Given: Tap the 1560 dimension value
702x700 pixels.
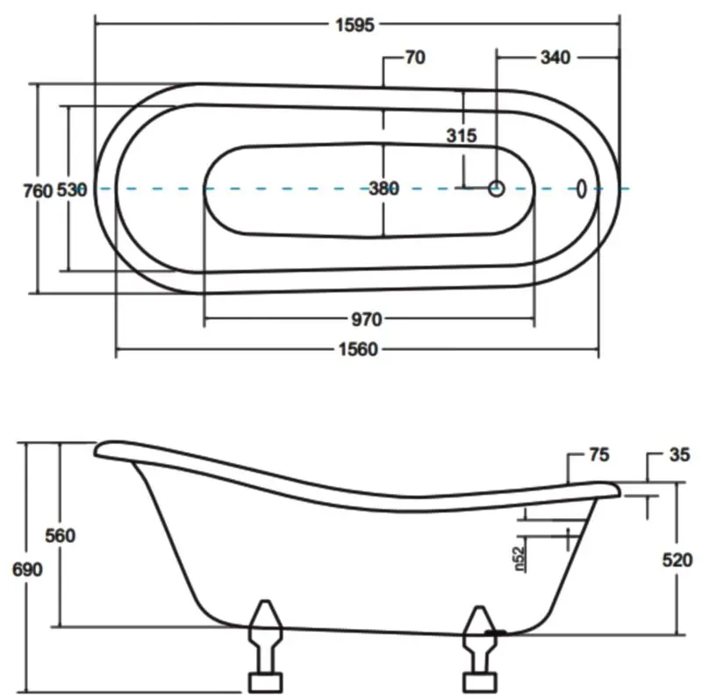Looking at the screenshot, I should [357, 350].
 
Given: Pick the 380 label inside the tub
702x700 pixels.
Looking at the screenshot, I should [383, 188].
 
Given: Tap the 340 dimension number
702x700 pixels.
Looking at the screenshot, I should [555, 58].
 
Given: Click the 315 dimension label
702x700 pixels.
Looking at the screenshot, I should [461, 136].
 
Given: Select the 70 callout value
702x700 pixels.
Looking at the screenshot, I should [415, 58].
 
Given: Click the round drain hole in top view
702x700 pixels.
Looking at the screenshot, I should [496, 188].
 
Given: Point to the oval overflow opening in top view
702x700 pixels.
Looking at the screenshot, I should [581, 188].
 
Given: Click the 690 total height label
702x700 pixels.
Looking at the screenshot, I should [27, 568].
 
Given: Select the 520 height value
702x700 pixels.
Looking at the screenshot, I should [677, 561].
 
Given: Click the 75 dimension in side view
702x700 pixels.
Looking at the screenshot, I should [598, 455].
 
